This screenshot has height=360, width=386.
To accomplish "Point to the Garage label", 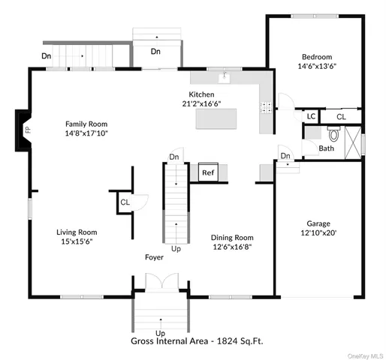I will coord(318,223).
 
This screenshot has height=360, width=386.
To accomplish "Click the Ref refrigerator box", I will coord(208,172).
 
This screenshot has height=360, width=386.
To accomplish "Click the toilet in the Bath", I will coord(335,135).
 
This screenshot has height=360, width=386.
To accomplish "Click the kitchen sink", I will coord(224,76).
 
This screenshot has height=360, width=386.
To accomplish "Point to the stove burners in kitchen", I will coord(264,107).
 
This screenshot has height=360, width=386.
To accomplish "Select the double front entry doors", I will coord(160,283).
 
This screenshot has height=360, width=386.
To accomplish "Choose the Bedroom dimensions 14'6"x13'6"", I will coord(317,65).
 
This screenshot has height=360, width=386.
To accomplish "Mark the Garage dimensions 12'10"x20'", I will coord(318,233).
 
